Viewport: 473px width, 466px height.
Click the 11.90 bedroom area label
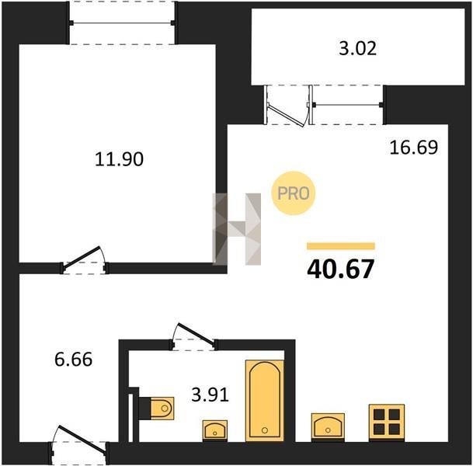point(119,159)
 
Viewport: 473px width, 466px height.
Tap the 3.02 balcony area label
point(358,49)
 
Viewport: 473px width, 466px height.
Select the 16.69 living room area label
point(413,148)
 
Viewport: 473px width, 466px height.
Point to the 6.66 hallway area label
point(73,360)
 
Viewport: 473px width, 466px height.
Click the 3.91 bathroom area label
point(210,395)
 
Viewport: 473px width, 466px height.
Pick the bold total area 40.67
point(340,269)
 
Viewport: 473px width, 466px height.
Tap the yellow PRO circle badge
point(294,193)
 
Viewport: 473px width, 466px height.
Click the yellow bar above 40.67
point(341,246)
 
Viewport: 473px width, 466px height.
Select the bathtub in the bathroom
point(265,400)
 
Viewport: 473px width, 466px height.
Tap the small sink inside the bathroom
point(215,430)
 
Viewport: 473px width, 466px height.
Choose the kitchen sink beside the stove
point(328,427)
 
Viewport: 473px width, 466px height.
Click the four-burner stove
point(387,423)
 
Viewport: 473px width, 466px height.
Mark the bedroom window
point(122,23)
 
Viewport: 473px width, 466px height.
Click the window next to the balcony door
point(347,105)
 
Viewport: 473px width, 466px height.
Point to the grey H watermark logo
point(237,229)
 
